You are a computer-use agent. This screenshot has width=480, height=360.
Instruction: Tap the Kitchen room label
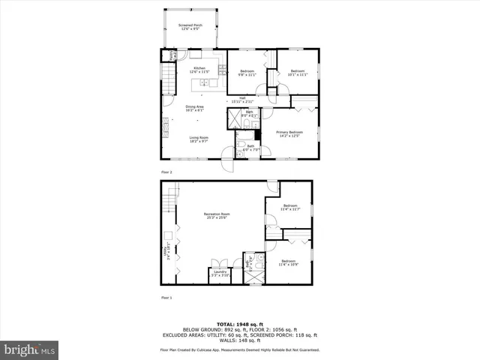tap(199, 68)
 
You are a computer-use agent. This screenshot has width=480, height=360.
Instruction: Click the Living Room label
tap(199, 137)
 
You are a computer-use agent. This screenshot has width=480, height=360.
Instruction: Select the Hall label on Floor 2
tap(242, 97)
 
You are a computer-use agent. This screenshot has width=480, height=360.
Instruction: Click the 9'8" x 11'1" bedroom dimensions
tap(247, 75)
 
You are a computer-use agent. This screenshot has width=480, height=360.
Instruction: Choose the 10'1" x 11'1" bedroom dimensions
tap(298, 75)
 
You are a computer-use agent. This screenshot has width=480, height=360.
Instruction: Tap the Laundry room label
tap(220, 271)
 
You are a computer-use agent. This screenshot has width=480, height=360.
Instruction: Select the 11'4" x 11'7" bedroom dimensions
tap(289, 209)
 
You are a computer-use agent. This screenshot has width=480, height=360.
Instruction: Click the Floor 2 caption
tap(166, 172)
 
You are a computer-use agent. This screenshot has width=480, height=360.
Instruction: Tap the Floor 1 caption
tap(166, 298)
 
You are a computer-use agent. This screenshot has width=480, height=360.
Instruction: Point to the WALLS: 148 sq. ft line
tap(239, 341)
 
